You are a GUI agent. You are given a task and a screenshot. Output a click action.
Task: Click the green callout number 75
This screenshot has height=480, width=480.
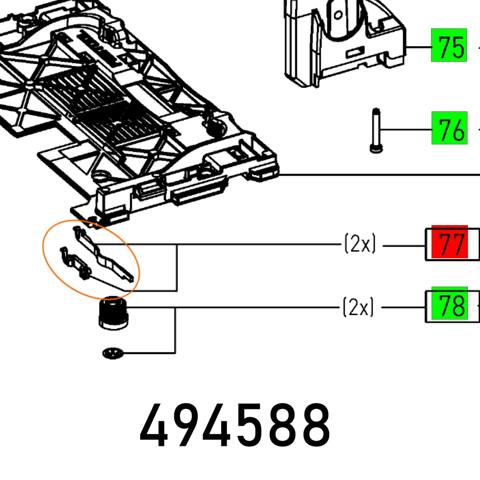point(449,47)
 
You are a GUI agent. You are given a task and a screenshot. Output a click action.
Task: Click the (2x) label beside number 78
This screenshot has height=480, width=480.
point(358,307)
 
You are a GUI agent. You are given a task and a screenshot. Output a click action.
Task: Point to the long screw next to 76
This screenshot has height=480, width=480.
point(376,131)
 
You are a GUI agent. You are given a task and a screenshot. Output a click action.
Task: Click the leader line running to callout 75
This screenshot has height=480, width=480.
point(419,47)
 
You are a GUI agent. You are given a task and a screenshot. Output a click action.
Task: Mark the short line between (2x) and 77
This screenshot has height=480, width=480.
point(403,246)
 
